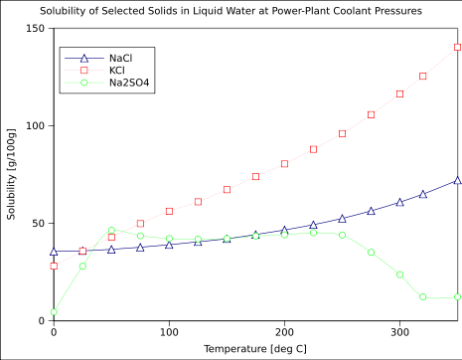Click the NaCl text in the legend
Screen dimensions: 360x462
click(120, 59)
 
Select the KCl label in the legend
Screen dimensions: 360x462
click(117, 71)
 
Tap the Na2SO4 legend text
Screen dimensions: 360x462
click(129, 83)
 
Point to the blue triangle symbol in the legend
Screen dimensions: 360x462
click(83, 59)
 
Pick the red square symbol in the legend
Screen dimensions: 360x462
click(83, 71)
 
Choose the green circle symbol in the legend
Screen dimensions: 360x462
click(83, 83)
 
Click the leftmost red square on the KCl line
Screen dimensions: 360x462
click(54, 266)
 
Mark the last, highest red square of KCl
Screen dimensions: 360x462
click(458, 47)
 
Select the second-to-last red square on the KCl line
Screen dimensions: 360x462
click(423, 76)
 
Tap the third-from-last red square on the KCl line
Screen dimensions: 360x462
click(400, 93)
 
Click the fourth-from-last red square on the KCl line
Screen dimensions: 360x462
click(372, 114)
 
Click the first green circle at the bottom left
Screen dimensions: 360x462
click(54, 312)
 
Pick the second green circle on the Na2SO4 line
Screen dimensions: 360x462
click(82, 267)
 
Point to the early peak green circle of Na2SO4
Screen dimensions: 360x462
click(111, 231)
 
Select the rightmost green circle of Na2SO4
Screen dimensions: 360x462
click(458, 296)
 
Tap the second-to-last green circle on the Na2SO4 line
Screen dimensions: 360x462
click(423, 296)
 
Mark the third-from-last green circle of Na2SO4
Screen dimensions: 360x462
click(400, 274)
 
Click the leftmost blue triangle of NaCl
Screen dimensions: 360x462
click(54, 252)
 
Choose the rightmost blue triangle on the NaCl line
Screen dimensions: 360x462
click(458, 181)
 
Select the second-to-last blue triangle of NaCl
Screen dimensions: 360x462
click(423, 195)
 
